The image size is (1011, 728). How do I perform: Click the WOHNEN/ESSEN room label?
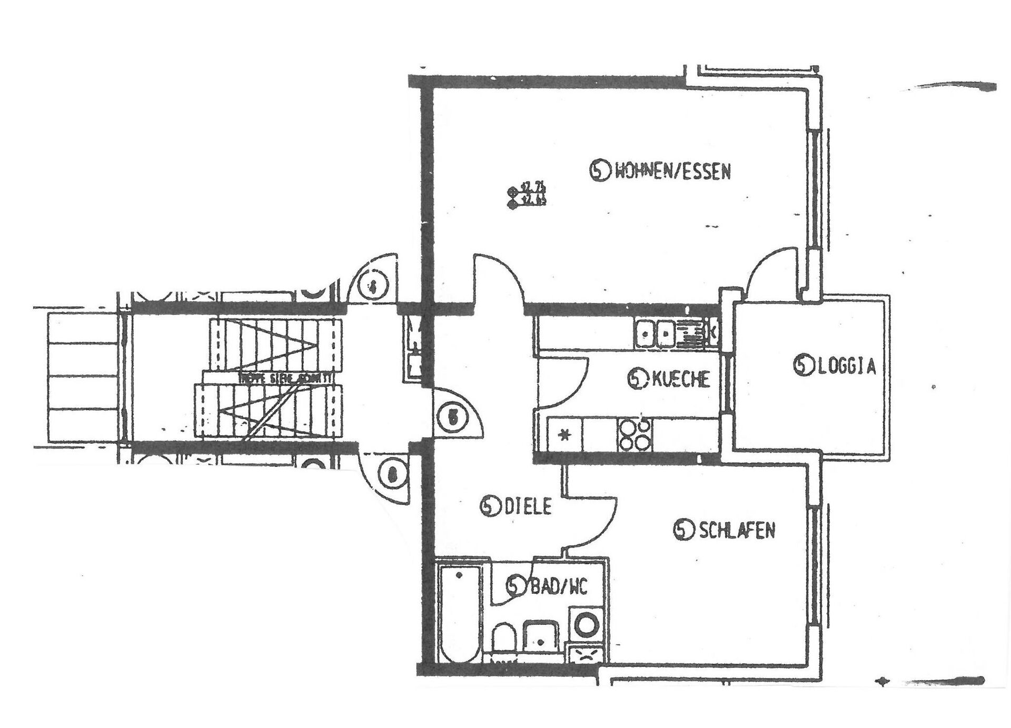672,172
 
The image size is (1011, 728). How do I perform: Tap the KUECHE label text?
680,379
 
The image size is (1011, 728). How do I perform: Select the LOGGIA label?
846,366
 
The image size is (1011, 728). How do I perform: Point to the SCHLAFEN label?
736,530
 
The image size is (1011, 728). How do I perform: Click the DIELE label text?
528,506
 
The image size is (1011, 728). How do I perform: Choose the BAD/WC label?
558,586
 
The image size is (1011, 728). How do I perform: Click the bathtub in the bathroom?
459,613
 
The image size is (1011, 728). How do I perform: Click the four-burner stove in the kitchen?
635,435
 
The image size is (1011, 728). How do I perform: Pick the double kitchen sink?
656,334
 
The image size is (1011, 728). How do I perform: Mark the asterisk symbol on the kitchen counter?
564,435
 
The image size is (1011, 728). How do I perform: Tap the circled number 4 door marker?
373,287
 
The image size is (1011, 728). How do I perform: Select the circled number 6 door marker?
391,475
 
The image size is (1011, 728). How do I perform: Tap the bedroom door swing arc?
592,521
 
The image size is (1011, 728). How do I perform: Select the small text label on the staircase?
284,378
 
